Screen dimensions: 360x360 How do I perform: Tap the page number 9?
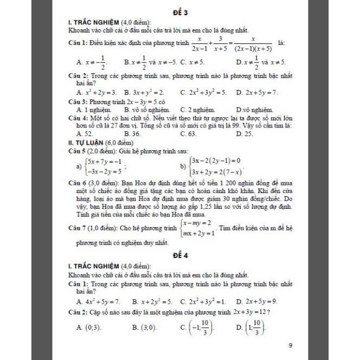point(291,345)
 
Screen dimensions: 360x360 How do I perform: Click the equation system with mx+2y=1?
point(198,228)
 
